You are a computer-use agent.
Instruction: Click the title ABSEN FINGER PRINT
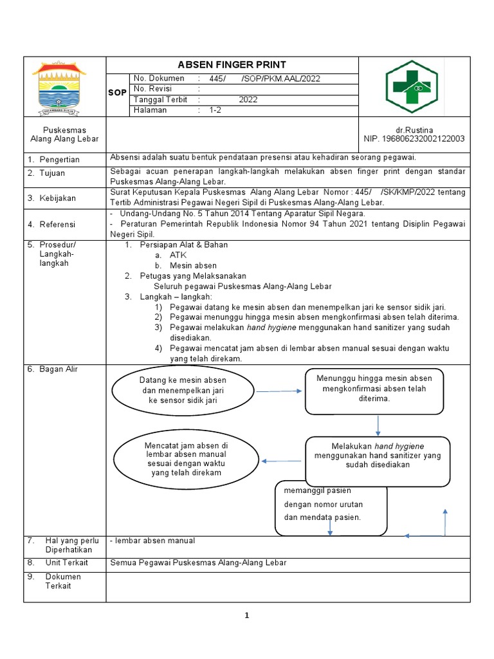click(232, 65)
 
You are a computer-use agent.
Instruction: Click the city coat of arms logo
click(64, 86)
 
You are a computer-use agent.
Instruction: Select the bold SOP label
click(117, 93)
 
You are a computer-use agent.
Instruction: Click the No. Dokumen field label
click(159, 79)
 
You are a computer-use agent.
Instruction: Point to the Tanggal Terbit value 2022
click(248, 100)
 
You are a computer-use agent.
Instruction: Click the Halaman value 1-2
click(215, 110)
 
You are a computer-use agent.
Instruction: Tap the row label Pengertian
click(59, 159)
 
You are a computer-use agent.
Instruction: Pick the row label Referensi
click(57, 224)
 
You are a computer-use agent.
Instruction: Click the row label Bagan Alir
click(59, 369)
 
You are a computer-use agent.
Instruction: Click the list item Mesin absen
click(193, 265)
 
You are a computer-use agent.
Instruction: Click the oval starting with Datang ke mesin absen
click(183, 390)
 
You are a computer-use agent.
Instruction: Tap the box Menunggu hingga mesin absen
click(374, 389)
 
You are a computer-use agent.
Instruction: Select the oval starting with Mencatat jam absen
click(186, 459)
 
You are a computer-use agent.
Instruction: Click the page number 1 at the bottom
click(247, 615)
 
